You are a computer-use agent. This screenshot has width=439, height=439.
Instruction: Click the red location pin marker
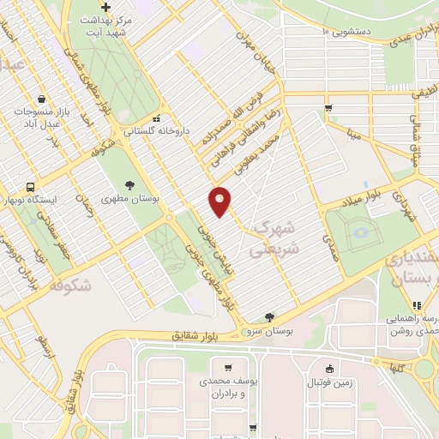pos(220,201)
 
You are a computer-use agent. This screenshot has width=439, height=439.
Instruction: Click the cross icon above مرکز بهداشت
pos(105,7)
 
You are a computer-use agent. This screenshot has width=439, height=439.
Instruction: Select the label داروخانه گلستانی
pos(155,132)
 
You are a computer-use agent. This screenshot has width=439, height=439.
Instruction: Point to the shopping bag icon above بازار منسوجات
pos(42,99)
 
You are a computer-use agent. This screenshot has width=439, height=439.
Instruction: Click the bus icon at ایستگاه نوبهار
pos(32,187)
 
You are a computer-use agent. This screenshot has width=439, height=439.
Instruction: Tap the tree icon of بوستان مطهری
pos(129,184)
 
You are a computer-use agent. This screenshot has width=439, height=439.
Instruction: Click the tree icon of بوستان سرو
pos(270,316)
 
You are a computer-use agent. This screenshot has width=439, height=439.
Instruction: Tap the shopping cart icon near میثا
pos(328,108)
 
